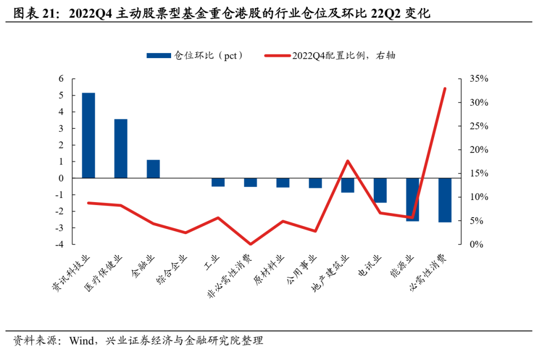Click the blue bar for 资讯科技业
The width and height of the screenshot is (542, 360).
pos(88,135)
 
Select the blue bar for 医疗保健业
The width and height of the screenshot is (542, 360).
pos(120,148)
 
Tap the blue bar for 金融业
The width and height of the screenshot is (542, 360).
pos(153,169)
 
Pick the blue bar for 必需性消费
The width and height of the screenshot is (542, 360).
pos(445,200)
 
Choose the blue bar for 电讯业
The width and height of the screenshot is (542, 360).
pos(380,191)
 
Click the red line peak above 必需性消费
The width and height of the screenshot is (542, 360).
pos(445,89)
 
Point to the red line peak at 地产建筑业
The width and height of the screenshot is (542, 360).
pos(348,161)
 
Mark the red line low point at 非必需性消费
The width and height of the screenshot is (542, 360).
pos(250,244)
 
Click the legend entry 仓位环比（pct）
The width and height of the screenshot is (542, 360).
pos(196,56)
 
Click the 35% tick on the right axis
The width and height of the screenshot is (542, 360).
pos(479,79)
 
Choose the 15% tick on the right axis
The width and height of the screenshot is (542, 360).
pos(479,173)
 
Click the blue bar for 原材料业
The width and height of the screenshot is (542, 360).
pos(283,183)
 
